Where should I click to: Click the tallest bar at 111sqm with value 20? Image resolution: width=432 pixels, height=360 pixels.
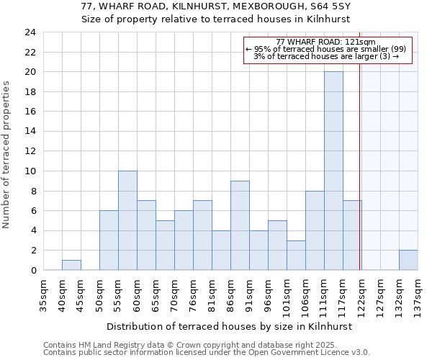[333, 171]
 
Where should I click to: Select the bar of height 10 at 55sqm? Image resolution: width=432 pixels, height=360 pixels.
[127, 220]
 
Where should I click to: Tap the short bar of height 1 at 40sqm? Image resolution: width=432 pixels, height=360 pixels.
[71, 265]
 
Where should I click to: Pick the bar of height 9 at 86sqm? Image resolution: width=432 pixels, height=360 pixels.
[240, 225]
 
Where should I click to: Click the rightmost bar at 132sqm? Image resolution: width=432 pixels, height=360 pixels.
[408, 260]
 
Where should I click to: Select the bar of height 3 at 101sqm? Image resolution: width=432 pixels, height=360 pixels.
[296, 255]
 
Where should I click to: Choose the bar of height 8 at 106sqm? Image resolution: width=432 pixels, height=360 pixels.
[315, 230]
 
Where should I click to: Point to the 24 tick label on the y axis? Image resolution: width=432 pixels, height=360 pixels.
[30, 32]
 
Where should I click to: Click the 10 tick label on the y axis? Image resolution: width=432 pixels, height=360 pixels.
[30, 171]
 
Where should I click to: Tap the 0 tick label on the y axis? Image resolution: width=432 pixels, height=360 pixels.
[32, 271]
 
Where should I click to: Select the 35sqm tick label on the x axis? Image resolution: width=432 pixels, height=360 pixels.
[44, 297]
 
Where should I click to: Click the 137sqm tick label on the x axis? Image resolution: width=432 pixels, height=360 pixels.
[418, 297]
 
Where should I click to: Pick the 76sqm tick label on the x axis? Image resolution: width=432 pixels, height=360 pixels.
[194, 297]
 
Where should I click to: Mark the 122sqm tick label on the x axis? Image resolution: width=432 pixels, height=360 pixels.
[362, 297]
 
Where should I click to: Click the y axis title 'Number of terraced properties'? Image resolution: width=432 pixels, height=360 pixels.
[7, 155]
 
